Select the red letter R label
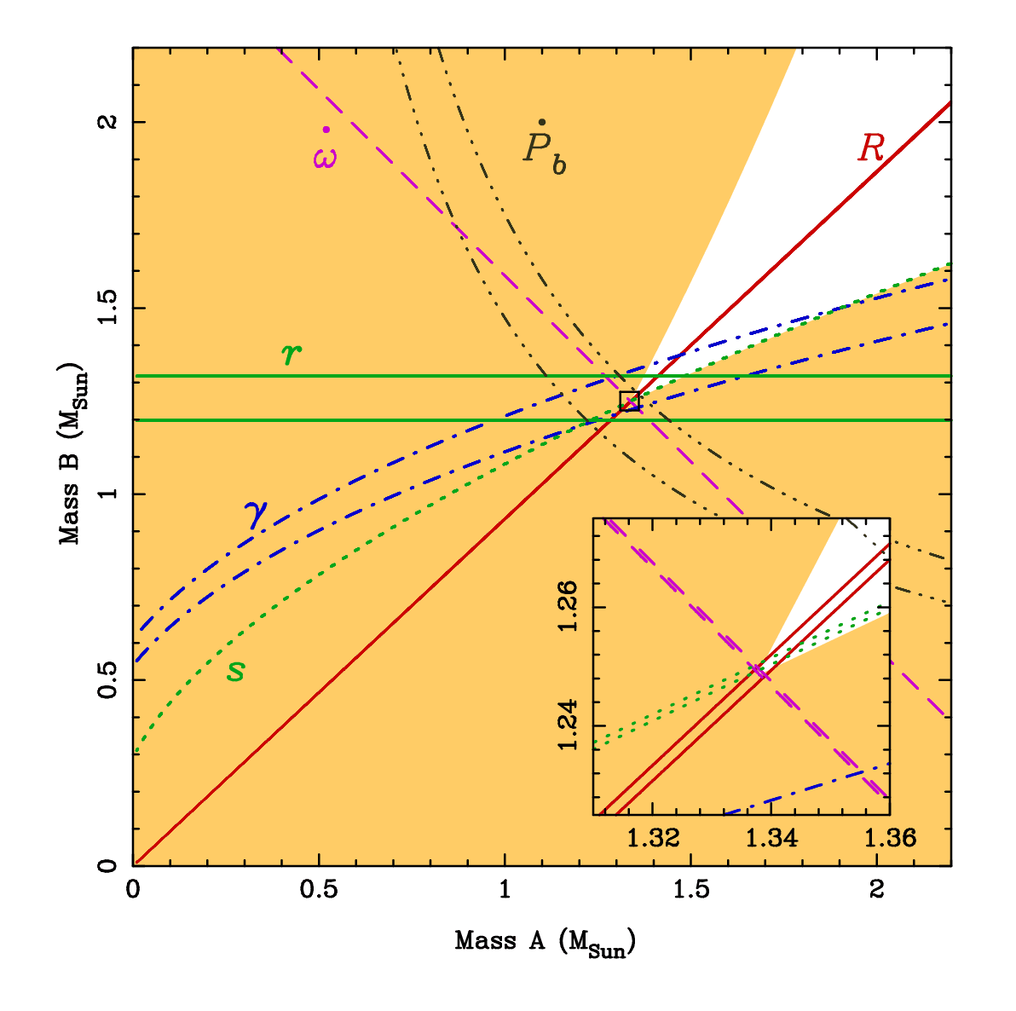(871, 147)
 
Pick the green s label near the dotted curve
(235, 671)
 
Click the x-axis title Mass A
(546, 942)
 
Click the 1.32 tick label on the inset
(653, 838)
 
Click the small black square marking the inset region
(629, 401)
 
